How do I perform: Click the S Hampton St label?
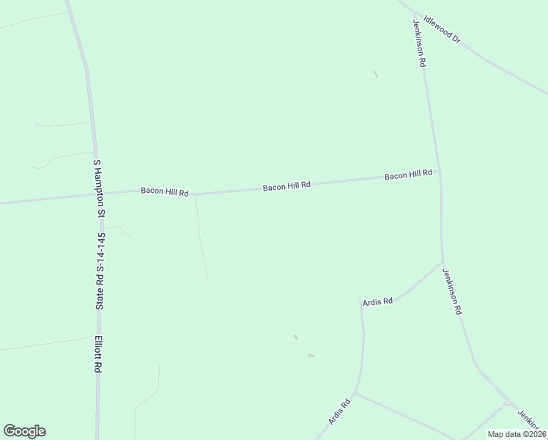96,189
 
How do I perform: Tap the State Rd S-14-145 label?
101,271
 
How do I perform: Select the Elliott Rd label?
97,355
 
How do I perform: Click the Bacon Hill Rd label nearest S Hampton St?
165,191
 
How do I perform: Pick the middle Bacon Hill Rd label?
287,186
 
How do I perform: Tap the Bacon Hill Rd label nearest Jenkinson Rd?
409,175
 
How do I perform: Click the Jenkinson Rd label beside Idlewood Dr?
418,43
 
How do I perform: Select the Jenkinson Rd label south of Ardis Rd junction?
452,291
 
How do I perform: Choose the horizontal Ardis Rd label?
378,301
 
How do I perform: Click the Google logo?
24,431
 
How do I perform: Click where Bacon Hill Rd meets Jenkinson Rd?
439,172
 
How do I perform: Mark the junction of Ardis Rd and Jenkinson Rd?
442,262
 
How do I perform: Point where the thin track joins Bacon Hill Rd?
196,194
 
